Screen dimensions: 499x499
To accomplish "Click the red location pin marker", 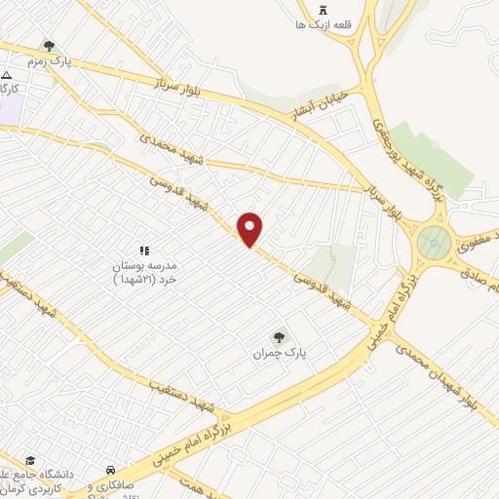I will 250,229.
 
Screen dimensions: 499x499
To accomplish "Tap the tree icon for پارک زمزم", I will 49,45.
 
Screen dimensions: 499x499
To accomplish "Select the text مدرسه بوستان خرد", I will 146,273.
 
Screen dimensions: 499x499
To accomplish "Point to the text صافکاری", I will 107,486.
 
